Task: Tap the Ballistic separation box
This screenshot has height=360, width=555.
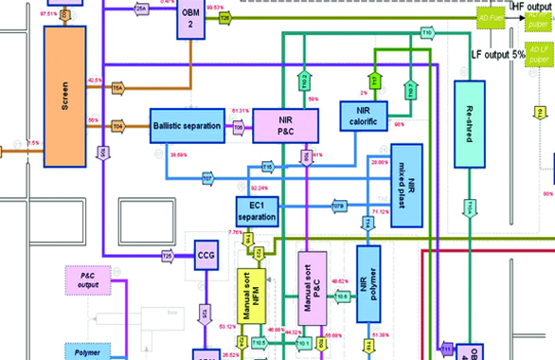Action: (187, 125)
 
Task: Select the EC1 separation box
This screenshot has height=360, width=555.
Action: (258, 211)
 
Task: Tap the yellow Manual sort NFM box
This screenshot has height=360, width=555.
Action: (249, 299)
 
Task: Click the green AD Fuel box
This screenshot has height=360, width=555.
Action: (490, 15)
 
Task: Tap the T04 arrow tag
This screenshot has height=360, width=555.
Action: (117, 125)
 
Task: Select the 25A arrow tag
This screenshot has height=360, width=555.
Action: (141, 9)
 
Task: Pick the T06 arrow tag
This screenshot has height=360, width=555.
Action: (239, 125)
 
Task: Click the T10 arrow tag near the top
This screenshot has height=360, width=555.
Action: (426, 33)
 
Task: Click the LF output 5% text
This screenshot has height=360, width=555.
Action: (503, 55)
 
